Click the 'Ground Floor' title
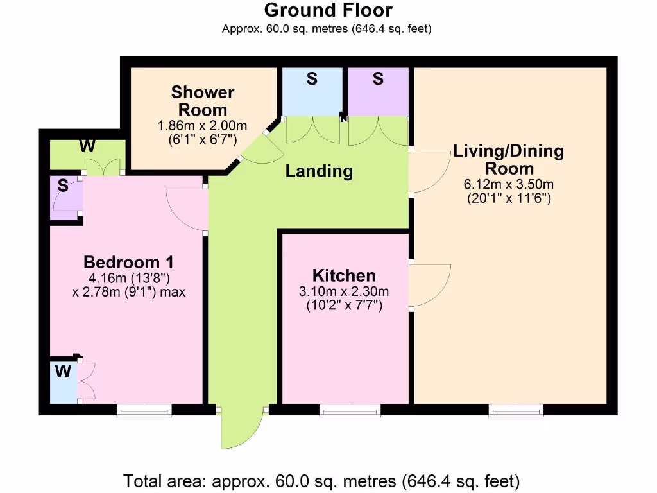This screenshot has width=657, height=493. click(328, 10)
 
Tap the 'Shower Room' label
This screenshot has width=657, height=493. click(203, 101)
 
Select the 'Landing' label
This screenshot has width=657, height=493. click(319, 171)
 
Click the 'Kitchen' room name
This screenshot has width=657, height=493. click(345, 275)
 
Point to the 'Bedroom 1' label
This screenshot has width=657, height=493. click(128, 262)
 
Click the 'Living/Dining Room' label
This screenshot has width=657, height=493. click(509, 160)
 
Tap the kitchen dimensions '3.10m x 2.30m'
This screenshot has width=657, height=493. click(344, 291)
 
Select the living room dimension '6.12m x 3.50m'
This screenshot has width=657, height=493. click(509, 184)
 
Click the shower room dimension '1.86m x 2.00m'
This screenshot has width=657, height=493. click(203, 125)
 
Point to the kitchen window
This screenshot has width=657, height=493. click(350, 410)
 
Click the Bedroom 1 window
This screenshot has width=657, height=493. click(144, 410)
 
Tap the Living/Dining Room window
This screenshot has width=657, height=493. click(516, 410)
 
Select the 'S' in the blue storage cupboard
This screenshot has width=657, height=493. click(312, 79)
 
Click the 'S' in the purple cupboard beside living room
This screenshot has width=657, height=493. click(378, 79)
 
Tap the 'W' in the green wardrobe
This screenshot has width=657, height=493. click(87, 146)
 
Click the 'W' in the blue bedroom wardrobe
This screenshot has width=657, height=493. click(62, 371)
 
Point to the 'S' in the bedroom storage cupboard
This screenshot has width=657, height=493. click(63, 186)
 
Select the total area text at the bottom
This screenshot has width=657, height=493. click(321, 480)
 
